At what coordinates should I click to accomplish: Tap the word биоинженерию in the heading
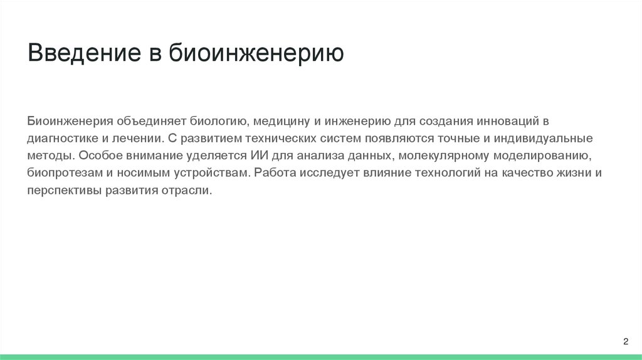pos(255,54)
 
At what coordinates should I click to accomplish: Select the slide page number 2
pos(625,341)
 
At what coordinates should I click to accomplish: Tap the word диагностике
pos(60,137)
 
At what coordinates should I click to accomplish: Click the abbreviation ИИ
pos(258,155)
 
